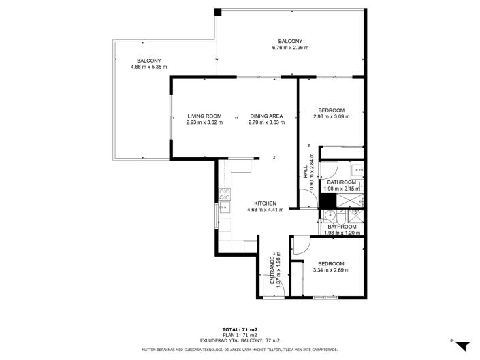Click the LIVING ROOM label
click(205, 116)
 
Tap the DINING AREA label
click(266, 116)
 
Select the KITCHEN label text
click(265, 203)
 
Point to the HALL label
click(306, 173)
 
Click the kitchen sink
click(223, 210)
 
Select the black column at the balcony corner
click(219, 12)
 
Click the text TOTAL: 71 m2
click(240, 329)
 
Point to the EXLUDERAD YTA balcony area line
click(240, 340)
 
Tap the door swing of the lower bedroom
click(300, 246)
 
